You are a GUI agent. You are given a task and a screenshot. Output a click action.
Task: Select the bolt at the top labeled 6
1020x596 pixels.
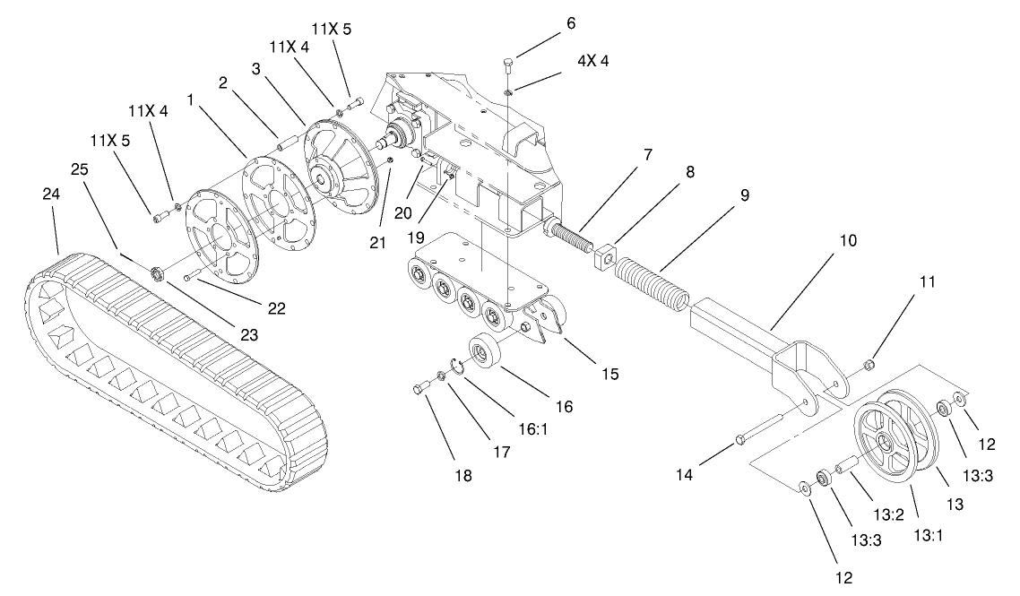[x=508, y=65]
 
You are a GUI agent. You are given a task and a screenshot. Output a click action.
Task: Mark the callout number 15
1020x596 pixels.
[x=609, y=372]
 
